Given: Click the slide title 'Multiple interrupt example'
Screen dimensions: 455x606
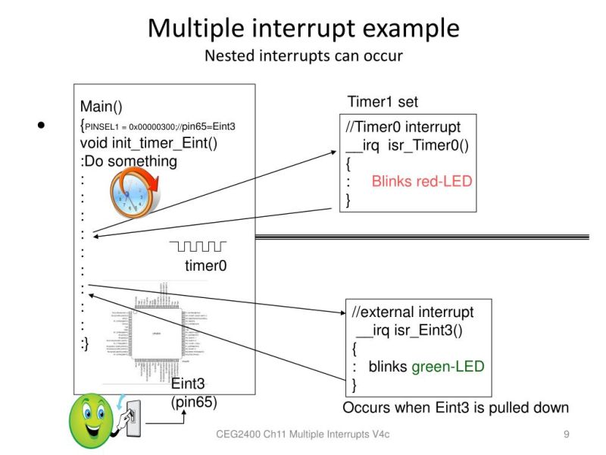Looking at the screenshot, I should point(303,28).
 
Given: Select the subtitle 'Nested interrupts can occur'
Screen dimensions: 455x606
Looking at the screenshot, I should point(303,56).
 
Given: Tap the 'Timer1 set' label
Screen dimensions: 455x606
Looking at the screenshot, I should point(383,102).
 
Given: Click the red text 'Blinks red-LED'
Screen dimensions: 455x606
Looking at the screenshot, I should point(421,181).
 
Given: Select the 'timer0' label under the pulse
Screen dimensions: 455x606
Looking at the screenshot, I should point(206,265).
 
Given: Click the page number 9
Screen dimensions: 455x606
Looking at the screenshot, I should point(567,435).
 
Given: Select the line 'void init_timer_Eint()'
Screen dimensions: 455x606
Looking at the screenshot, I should point(148,143).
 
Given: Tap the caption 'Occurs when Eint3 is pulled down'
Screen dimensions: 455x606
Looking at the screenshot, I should point(455,407).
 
